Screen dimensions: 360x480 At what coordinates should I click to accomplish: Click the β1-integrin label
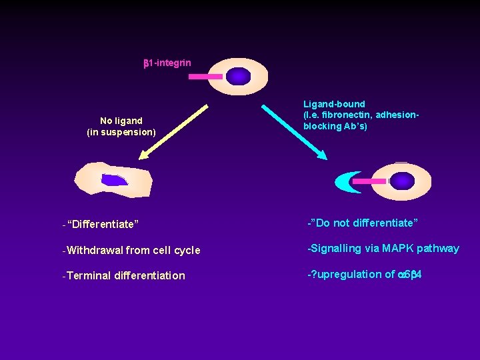[167, 63]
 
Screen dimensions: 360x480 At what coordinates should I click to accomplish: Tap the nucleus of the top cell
[238, 77]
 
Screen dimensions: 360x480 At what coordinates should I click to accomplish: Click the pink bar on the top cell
[205, 77]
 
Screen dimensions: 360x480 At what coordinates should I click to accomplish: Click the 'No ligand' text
[121, 121]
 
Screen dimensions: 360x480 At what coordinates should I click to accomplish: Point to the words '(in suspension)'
[121, 132]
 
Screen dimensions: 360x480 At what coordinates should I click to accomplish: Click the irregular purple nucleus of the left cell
[114, 180]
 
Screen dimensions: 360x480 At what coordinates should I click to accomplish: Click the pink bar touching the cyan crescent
[369, 181]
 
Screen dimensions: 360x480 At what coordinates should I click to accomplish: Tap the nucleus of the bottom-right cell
[402, 181]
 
